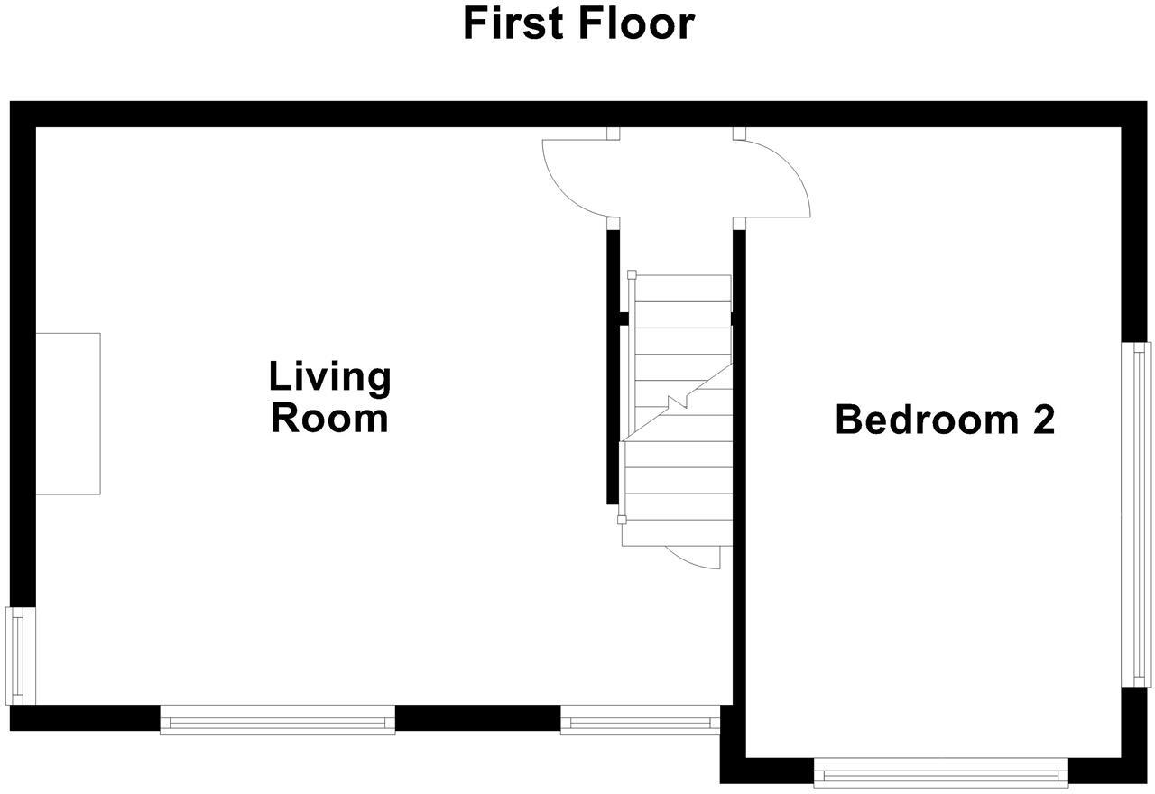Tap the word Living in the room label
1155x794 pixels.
click(x=330, y=377)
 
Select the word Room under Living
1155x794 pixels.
click(x=330, y=419)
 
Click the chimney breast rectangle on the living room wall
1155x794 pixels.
click(x=68, y=413)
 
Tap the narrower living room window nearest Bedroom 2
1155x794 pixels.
click(x=640, y=720)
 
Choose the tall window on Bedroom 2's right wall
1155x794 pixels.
click(x=1136, y=514)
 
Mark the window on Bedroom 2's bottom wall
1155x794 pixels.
click(x=941, y=772)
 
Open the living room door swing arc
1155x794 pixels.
click(x=568, y=185)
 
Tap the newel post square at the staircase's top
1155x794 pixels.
click(x=632, y=274)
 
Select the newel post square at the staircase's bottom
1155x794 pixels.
click(x=621, y=520)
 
